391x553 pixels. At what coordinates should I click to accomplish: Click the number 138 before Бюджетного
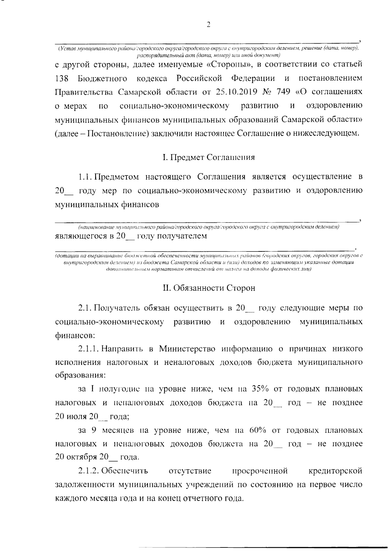click(x=61, y=78)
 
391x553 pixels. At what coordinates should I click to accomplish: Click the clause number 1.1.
click(x=85, y=177)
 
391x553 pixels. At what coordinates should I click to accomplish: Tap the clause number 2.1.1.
click(x=88, y=349)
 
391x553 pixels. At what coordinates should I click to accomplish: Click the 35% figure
click(x=260, y=389)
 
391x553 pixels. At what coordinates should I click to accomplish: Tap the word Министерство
click(x=187, y=349)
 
